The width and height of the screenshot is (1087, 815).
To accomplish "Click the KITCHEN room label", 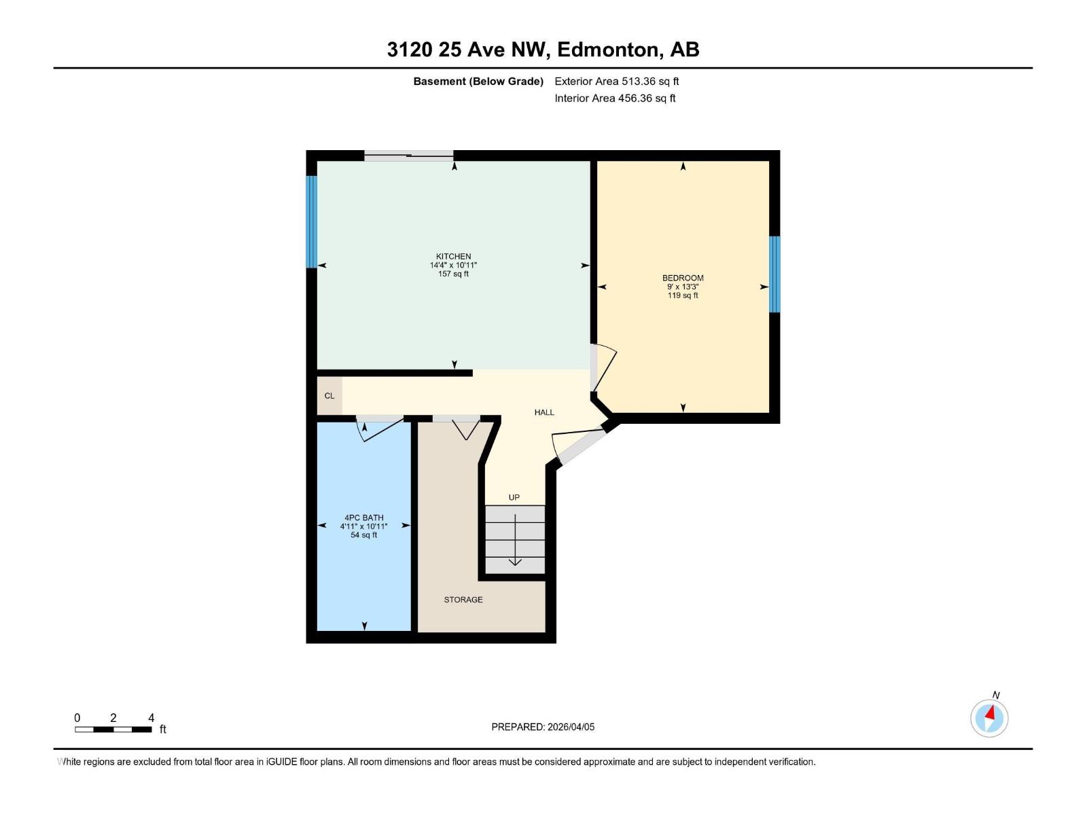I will [453, 257].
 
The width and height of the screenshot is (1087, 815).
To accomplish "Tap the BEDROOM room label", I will [683, 278].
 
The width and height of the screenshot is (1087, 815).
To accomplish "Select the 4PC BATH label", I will [363, 518].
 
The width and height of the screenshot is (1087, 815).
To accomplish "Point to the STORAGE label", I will [463, 600].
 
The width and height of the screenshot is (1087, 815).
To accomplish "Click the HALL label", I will [544, 412].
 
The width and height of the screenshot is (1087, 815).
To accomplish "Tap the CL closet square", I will [329, 396].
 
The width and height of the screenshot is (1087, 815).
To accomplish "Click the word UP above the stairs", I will [514, 498].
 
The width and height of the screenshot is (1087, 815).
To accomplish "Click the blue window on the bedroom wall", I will [774, 274].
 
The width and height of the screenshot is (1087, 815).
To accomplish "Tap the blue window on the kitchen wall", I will [311, 222].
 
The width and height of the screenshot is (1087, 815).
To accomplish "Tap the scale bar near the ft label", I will [113, 729].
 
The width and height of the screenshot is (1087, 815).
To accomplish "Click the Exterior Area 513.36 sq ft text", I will [616, 81].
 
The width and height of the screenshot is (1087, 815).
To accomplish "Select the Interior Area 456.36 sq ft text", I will [615, 98].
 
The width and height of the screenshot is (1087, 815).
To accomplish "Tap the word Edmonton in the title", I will [607, 50].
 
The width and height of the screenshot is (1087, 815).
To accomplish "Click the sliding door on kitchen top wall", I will [409, 156].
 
